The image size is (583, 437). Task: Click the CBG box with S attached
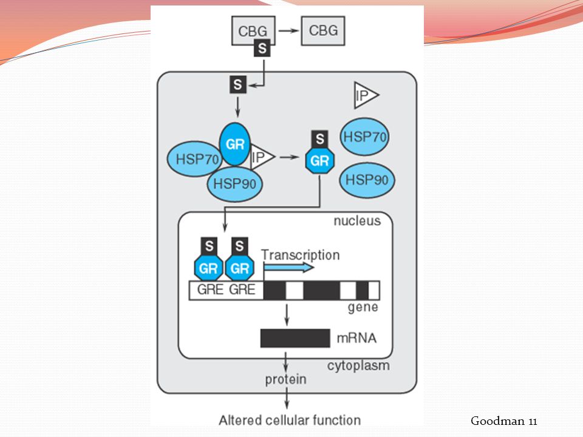[x=253, y=30]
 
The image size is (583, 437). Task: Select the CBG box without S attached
[x=322, y=30]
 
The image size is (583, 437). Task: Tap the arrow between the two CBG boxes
[x=289, y=30]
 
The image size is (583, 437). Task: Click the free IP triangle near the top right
[x=366, y=95]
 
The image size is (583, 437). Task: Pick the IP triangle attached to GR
[x=262, y=157]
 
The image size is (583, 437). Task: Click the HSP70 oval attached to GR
[x=194, y=159]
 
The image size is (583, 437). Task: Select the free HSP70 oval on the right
[x=365, y=137]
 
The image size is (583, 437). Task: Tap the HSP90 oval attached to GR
[x=234, y=183]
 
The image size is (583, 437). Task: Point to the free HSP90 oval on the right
[x=367, y=180]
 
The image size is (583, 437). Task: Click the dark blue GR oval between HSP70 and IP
[x=235, y=144]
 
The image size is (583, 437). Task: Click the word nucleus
[x=357, y=221]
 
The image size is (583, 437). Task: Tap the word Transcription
[x=301, y=255]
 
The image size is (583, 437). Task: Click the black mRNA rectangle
[x=295, y=338]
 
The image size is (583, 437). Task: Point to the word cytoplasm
[x=358, y=365]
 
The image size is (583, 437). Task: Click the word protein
[x=285, y=379]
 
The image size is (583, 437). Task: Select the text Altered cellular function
[x=290, y=420]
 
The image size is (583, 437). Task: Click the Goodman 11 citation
[x=504, y=421]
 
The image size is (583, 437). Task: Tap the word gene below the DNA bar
[x=363, y=308]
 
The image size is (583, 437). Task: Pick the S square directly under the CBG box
[x=262, y=49]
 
